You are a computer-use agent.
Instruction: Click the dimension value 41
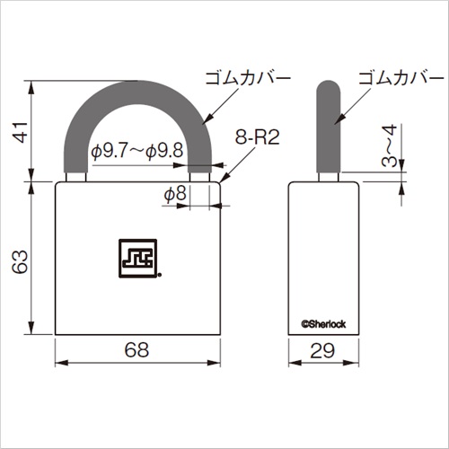(x=21, y=132)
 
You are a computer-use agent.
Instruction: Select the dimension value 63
(x=21, y=262)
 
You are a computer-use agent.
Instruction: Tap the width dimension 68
(x=136, y=349)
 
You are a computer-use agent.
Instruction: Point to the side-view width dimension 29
(x=322, y=351)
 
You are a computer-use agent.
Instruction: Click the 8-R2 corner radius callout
(x=257, y=137)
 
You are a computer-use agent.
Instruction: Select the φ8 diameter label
(x=175, y=193)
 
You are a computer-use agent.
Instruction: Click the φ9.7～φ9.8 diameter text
(x=137, y=150)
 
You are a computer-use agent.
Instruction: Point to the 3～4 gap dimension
(x=390, y=145)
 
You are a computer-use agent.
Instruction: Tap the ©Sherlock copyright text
(x=323, y=324)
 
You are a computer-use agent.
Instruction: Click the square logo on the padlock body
(x=138, y=259)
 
